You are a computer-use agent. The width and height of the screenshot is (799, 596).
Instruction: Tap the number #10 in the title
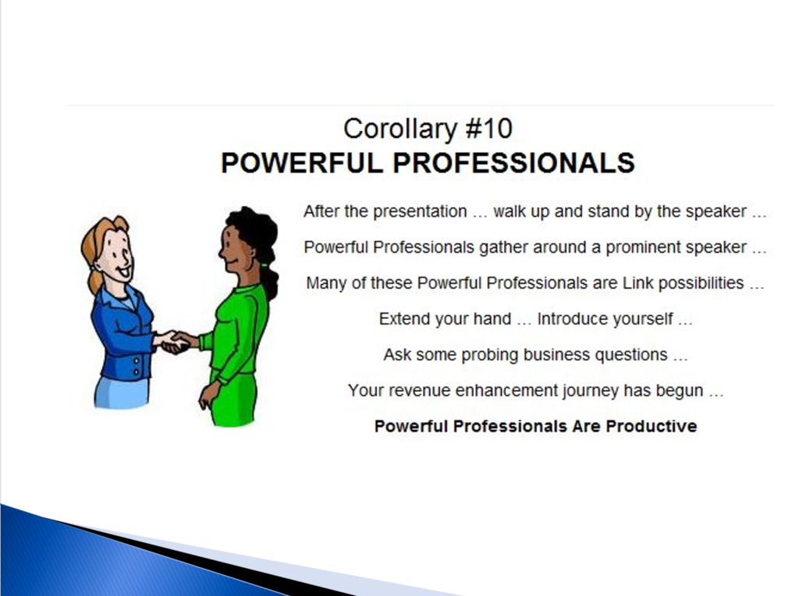489,129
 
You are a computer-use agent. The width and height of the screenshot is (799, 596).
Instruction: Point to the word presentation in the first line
420,212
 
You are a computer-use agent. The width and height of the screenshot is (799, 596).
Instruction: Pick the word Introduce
571,319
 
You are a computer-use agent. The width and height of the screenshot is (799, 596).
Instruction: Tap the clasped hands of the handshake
175,342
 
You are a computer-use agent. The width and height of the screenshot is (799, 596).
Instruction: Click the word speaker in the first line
716,212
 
